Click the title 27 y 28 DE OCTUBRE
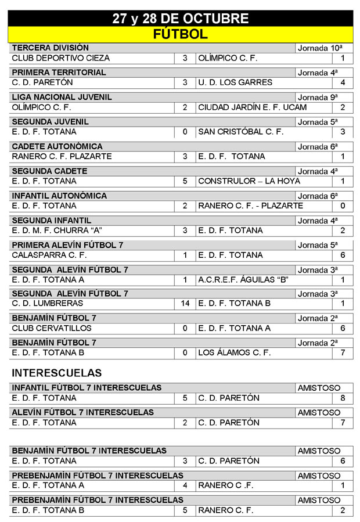pos(180,19)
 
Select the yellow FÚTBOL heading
pos(180,34)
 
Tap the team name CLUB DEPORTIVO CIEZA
pos(60,58)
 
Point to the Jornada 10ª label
pos(320,48)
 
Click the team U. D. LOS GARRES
pos(235,82)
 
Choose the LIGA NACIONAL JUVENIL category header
pos(62,97)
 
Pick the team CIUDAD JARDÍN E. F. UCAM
pos(253,107)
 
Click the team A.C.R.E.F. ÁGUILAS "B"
pos(243,280)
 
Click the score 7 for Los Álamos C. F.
pos(343,352)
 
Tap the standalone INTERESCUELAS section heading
pos(56,373)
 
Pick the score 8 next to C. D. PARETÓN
pos(343,398)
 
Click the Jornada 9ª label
pos(318,98)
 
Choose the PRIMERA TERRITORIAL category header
pos(59,73)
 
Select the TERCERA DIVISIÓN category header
pos(50,48)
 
